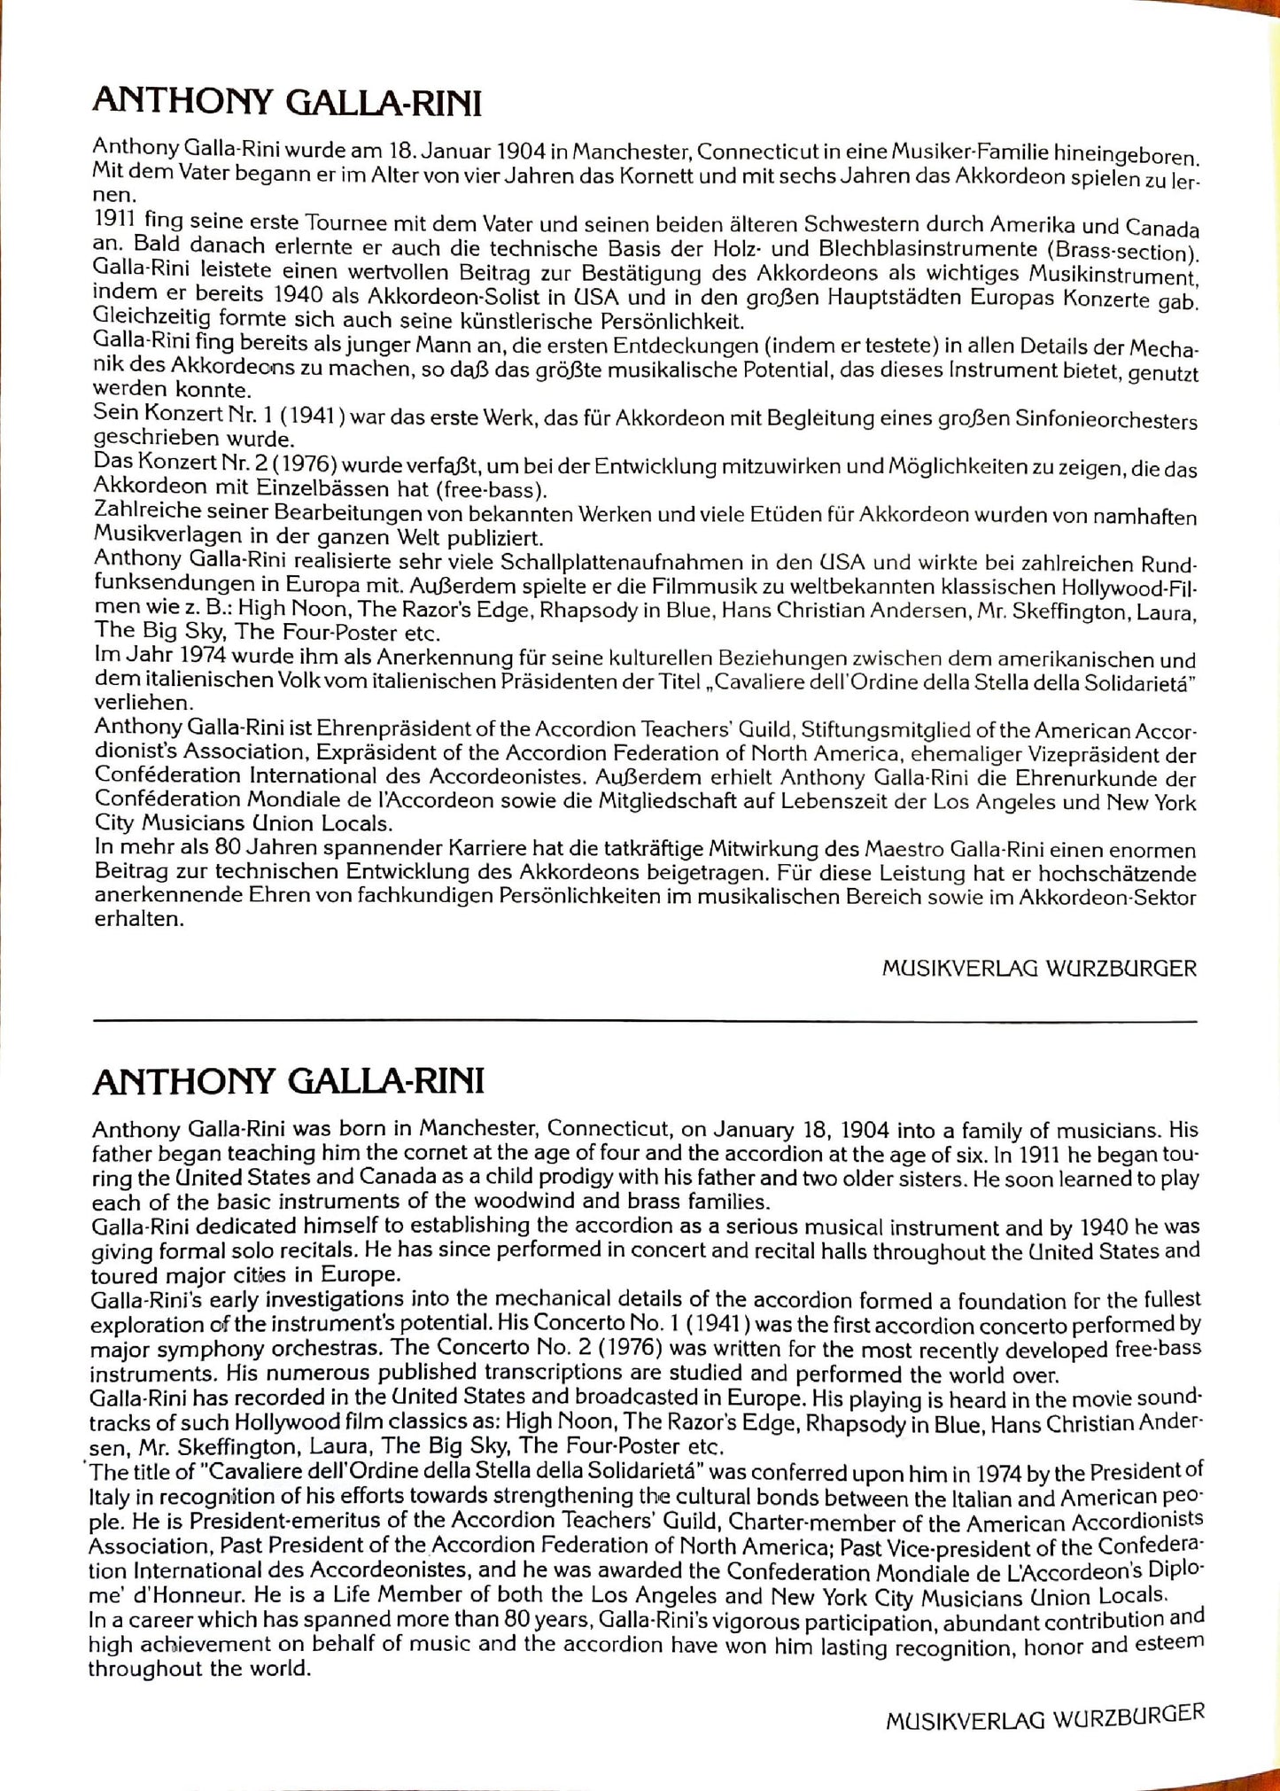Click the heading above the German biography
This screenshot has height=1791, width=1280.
pyautogui.click(x=287, y=103)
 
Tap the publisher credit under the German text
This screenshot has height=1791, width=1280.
pyautogui.click(x=1039, y=968)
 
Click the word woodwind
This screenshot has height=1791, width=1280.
pyautogui.click(x=549, y=1203)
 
